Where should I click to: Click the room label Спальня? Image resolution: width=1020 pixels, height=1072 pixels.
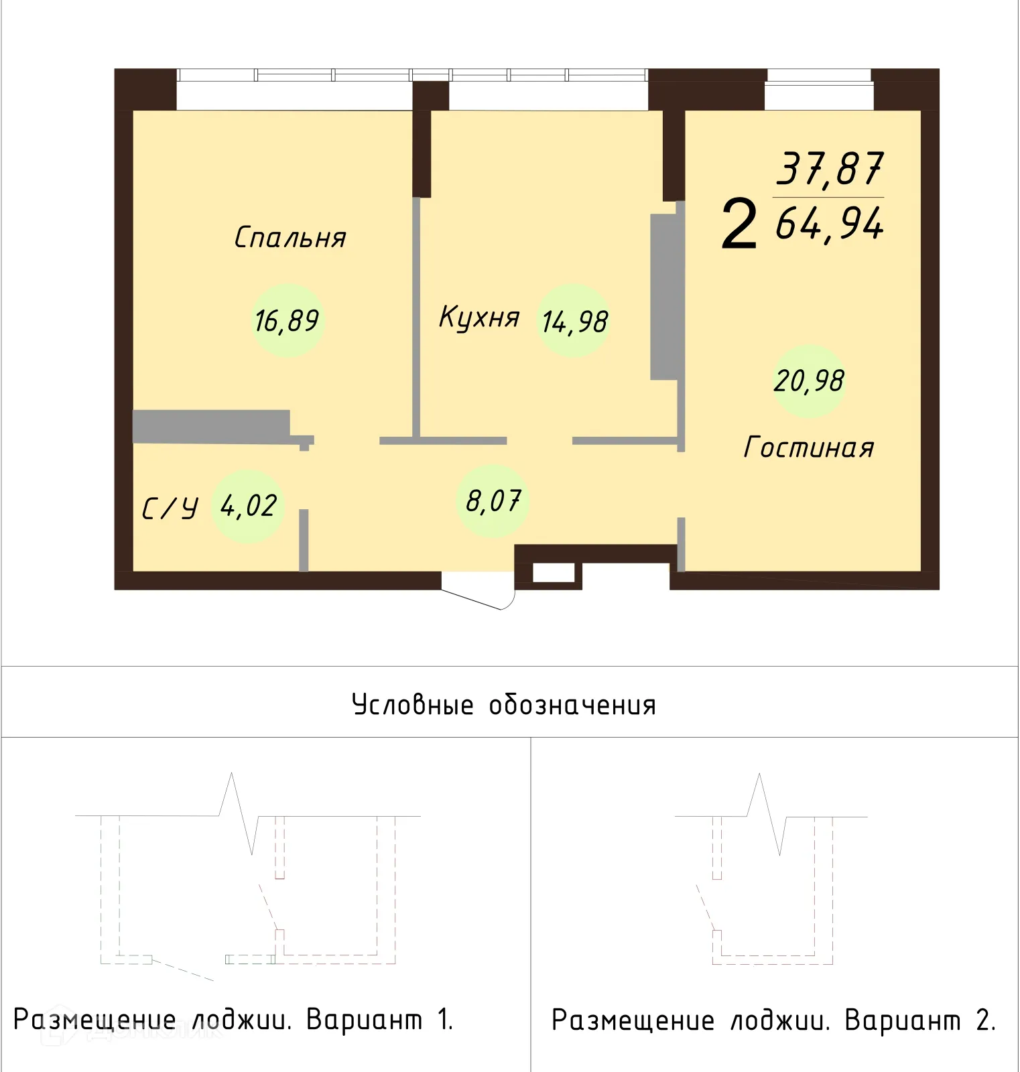(x=290, y=238)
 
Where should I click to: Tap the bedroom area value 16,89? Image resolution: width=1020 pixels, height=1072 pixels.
(x=287, y=321)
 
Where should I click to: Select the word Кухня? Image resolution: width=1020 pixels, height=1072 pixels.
(x=479, y=317)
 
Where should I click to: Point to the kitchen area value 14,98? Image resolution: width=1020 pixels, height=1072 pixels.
(x=575, y=322)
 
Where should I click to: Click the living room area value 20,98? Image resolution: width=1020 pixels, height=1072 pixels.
(x=809, y=381)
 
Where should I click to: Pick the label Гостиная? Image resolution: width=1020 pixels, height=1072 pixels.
(x=809, y=448)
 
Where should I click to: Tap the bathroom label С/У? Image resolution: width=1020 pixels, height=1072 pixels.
(x=170, y=509)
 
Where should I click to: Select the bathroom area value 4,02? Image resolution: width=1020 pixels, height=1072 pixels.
(x=248, y=506)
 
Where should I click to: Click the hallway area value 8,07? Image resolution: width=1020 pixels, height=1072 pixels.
(x=493, y=500)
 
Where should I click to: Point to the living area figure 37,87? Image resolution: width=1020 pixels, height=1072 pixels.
(x=830, y=169)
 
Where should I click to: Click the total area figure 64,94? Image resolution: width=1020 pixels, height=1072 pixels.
(x=830, y=224)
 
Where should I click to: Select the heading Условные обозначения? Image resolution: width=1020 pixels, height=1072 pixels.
(x=504, y=705)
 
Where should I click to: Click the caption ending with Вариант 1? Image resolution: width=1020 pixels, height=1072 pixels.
(x=233, y=1020)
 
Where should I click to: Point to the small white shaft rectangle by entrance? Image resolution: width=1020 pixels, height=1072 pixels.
(x=554, y=574)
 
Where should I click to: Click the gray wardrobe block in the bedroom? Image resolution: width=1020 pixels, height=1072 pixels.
(x=211, y=426)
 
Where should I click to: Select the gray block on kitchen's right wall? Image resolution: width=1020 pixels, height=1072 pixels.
(x=663, y=297)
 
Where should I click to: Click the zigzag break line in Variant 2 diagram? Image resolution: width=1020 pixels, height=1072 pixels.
(x=769, y=814)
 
